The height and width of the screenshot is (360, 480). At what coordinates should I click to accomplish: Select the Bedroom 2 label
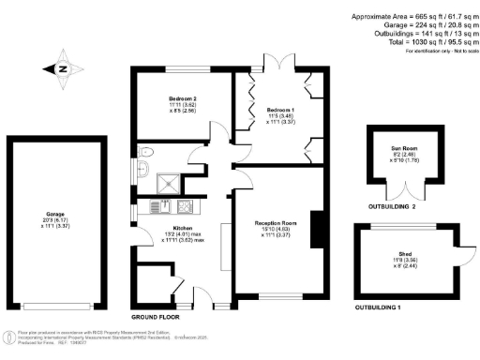tap(183, 97)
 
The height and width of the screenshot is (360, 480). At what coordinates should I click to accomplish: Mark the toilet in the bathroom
tap(143, 153)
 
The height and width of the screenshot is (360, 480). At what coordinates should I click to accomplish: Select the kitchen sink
tap(166, 206)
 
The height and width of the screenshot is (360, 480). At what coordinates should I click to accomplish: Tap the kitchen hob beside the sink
tap(185, 206)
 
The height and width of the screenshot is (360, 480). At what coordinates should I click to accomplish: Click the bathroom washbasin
tap(143, 170)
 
